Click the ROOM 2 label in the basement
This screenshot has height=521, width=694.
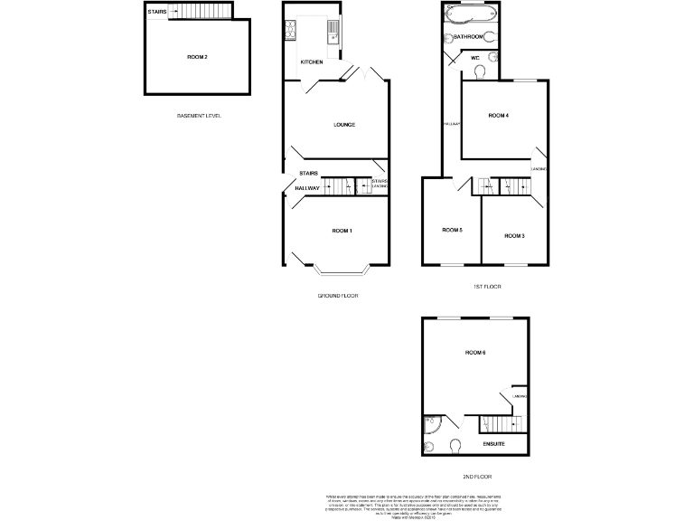197,57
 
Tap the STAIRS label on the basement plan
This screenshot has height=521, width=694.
156,12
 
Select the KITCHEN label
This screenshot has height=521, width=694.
312,62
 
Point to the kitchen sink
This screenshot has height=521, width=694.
333,33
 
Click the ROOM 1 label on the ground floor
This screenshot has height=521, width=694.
342,232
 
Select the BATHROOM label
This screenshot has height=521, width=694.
467,37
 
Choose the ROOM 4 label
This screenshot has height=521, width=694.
499,116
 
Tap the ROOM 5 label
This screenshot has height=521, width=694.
452,230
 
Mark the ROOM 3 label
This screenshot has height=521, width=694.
514,235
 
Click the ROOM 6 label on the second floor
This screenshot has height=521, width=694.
475,351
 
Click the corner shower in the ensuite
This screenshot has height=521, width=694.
430,424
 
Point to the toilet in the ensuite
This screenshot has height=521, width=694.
455,443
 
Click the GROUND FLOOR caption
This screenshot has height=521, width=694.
338,296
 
